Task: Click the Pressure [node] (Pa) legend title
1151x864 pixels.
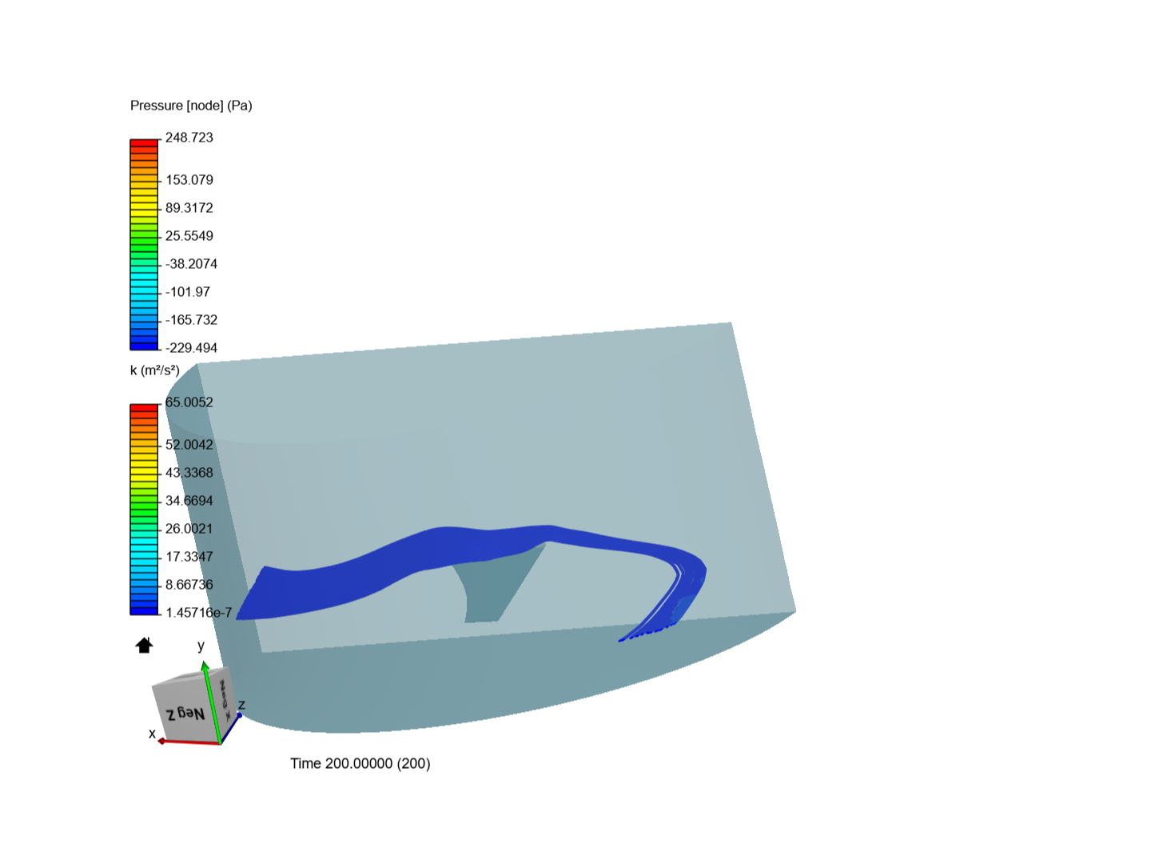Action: click(191, 106)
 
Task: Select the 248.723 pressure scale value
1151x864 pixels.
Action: click(189, 138)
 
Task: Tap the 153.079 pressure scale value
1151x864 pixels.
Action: click(189, 180)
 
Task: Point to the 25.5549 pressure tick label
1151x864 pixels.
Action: click(189, 235)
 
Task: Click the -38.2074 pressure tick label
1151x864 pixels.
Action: click(191, 264)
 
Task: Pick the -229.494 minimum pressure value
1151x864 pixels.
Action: click(191, 348)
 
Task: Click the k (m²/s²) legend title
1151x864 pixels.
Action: click(155, 370)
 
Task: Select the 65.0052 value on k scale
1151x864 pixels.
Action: click(189, 402)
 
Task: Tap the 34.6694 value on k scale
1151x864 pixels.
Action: click(189, 501)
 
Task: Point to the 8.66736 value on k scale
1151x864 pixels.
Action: click(189, 584)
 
